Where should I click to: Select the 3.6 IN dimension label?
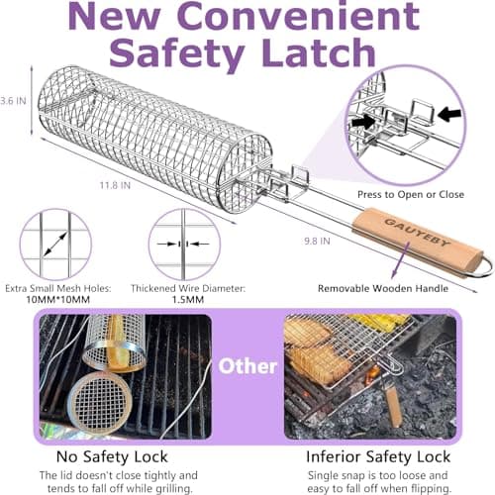coord(12,100)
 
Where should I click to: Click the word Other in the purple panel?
coord(247,366)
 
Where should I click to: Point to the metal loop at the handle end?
coord(479,262)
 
